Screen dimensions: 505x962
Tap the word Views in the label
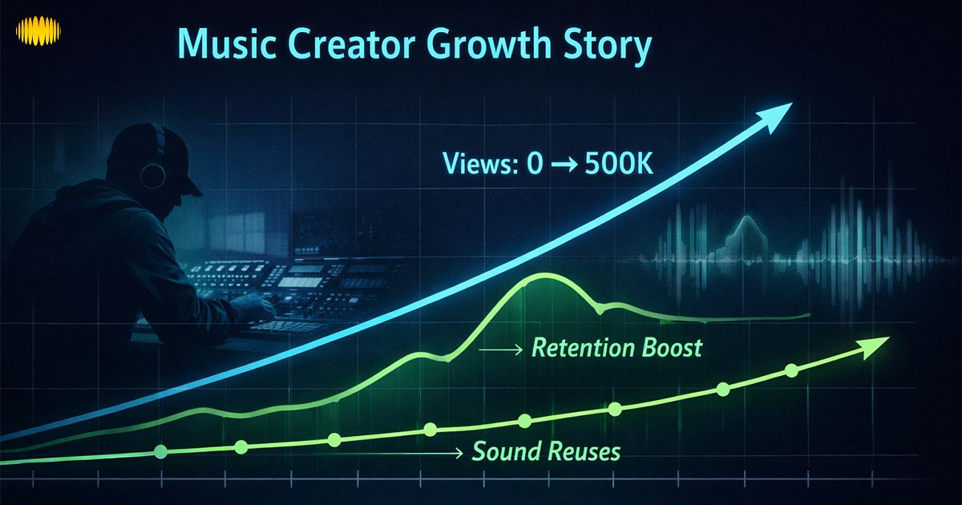click(475, 164)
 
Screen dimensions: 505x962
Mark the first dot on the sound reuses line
click(160, 452)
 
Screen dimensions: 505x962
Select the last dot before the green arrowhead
click(791, 370)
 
